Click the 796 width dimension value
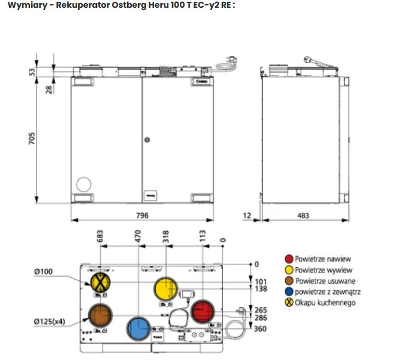pos(141,216)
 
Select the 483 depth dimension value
pos(303,216)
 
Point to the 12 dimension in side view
pos(247,215)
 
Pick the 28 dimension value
pos(50,89)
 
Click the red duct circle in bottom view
pos(202,312)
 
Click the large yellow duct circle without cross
pos(166,290)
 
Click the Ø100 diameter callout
pos(43,272)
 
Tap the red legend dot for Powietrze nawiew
pos(289,259)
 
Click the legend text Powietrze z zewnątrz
pos(327,292)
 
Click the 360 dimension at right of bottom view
pos(260,329)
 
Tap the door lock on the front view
pos(146,140)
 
